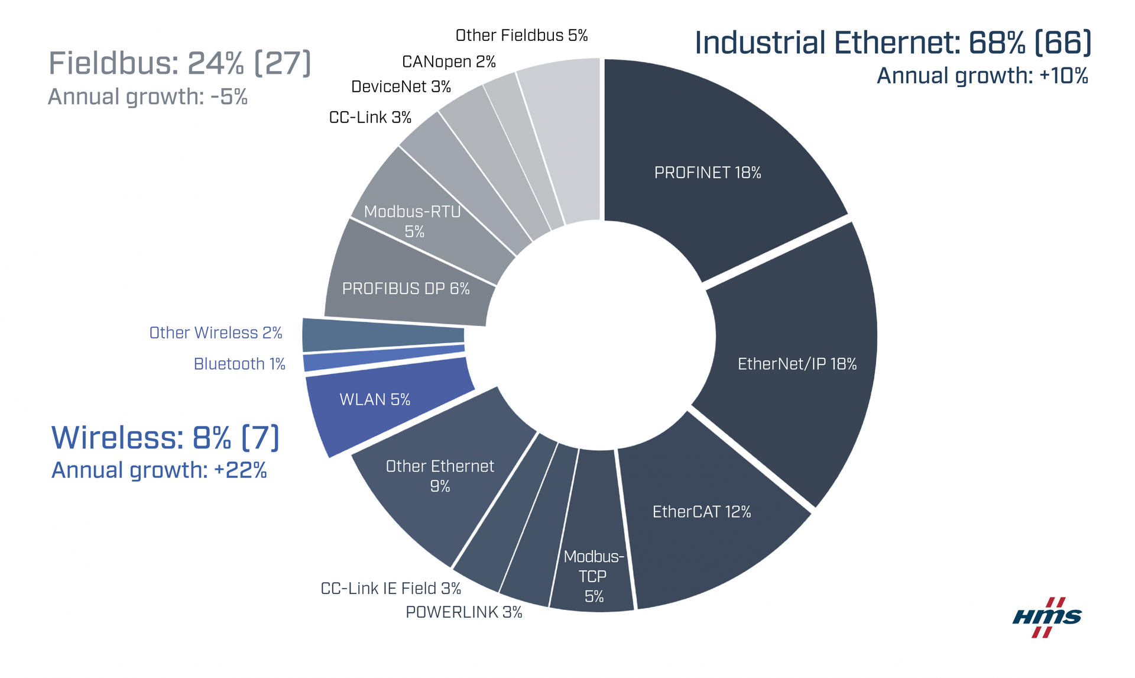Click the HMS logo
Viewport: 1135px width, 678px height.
click(1047, 617)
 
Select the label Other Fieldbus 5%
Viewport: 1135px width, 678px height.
click(521, 35)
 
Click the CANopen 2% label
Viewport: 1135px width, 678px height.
click(449, 62)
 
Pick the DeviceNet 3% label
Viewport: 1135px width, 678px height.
click(401, 87)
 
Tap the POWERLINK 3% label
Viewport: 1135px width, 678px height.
click(464, 612)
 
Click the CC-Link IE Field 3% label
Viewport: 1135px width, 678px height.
click(391, 588)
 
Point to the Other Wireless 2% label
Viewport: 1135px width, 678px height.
click(216, 332)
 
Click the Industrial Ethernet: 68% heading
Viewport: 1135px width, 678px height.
click(893, 43)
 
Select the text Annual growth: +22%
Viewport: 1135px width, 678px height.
click(159, 470)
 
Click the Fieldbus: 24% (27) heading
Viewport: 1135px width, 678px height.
click(179, 63)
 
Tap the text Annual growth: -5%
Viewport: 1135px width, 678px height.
click(147, 96)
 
